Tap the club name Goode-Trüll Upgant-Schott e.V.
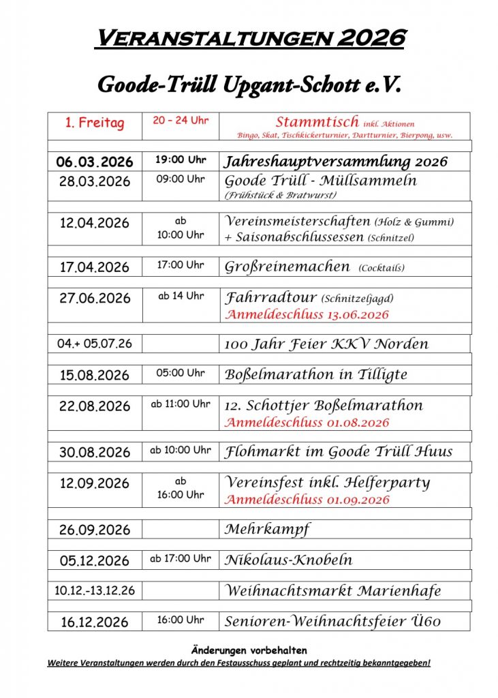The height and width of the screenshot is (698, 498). click(249, 85)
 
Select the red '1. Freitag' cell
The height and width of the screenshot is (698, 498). click(95, 123)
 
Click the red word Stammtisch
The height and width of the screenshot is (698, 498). click(317, 122)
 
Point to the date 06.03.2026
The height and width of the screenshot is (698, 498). click(95, 162)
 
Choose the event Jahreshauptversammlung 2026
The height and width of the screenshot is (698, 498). click(336, 162)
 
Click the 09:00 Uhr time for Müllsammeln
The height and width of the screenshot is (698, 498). click(181, 179)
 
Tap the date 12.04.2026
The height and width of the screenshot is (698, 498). click(95, 223)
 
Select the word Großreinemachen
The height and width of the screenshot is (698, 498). click(287, 267)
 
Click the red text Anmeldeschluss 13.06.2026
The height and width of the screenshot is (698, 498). click(307, 314)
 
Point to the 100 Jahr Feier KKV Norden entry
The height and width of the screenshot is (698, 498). click(326, 344)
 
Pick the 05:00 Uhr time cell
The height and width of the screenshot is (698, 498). click(181, 373)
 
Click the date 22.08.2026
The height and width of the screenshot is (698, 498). click(95, 406)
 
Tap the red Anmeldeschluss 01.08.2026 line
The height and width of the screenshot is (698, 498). click(307, 423)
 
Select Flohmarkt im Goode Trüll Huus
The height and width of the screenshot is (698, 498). click(338, 452)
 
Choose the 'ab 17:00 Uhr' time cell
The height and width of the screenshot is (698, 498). click(181, 558)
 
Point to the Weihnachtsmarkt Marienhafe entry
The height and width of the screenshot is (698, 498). click(332, 590)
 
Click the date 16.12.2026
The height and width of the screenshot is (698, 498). click(95, 622)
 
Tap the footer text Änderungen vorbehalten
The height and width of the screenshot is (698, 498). click(249, 650)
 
